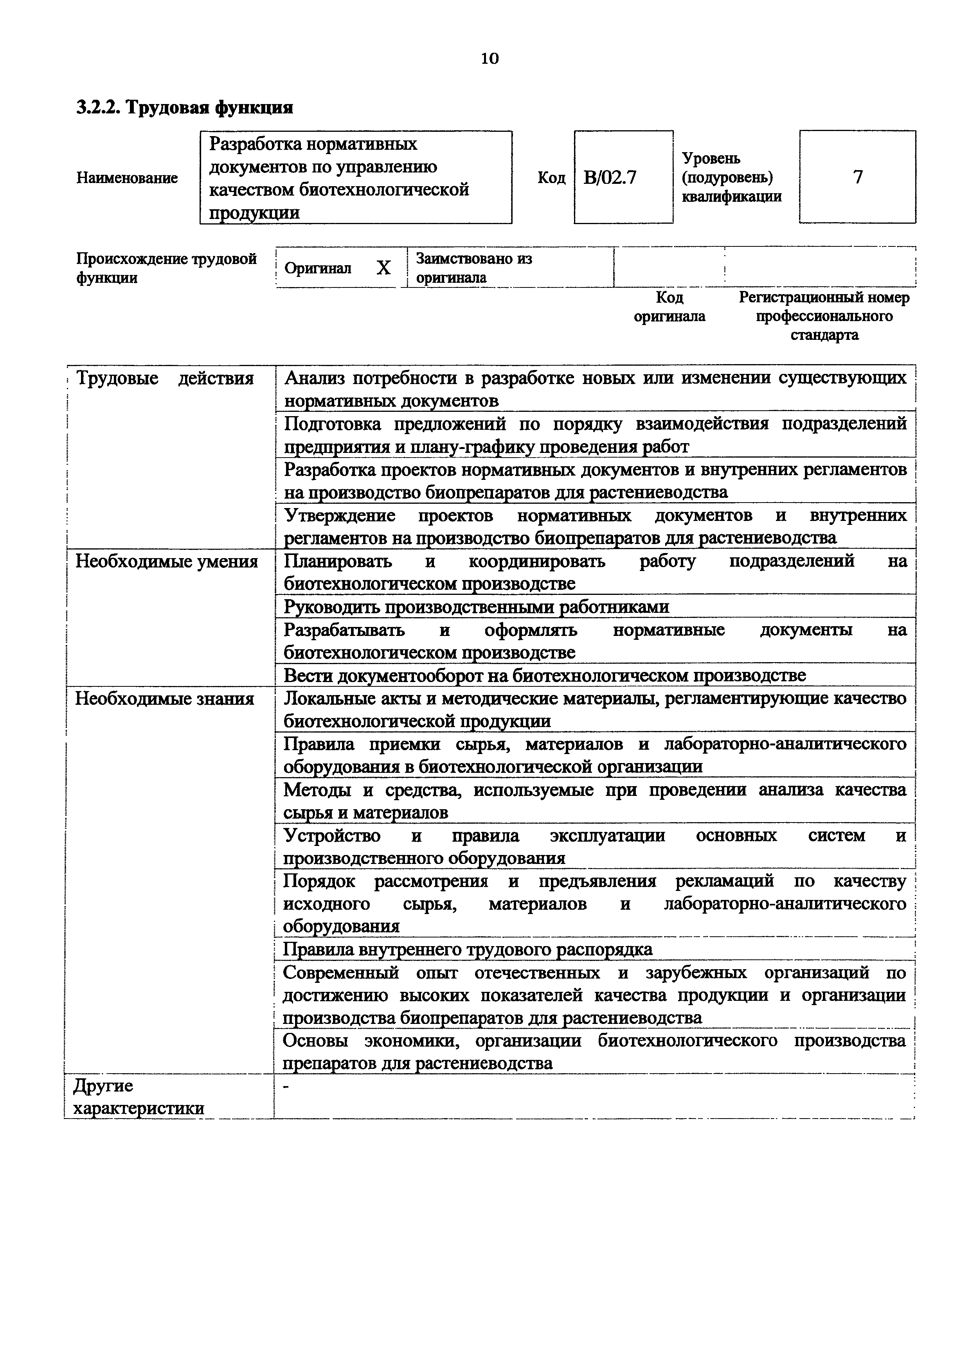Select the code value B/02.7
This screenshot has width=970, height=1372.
click(x=610, y=178)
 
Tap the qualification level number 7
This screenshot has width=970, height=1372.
click(x=858, y=177)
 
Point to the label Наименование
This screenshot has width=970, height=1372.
click(x=127, y=178)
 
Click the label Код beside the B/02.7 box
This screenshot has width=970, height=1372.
click(x=551, y=178)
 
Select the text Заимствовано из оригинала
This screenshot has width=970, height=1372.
click(x=474, y=268)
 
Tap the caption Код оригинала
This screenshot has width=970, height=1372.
click(x=669, y=307)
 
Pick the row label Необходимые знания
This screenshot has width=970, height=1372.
click(x=164, y=699)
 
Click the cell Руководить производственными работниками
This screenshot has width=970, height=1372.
click(x=476, y=607)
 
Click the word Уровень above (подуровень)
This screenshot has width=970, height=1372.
click(x=711, y=158)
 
